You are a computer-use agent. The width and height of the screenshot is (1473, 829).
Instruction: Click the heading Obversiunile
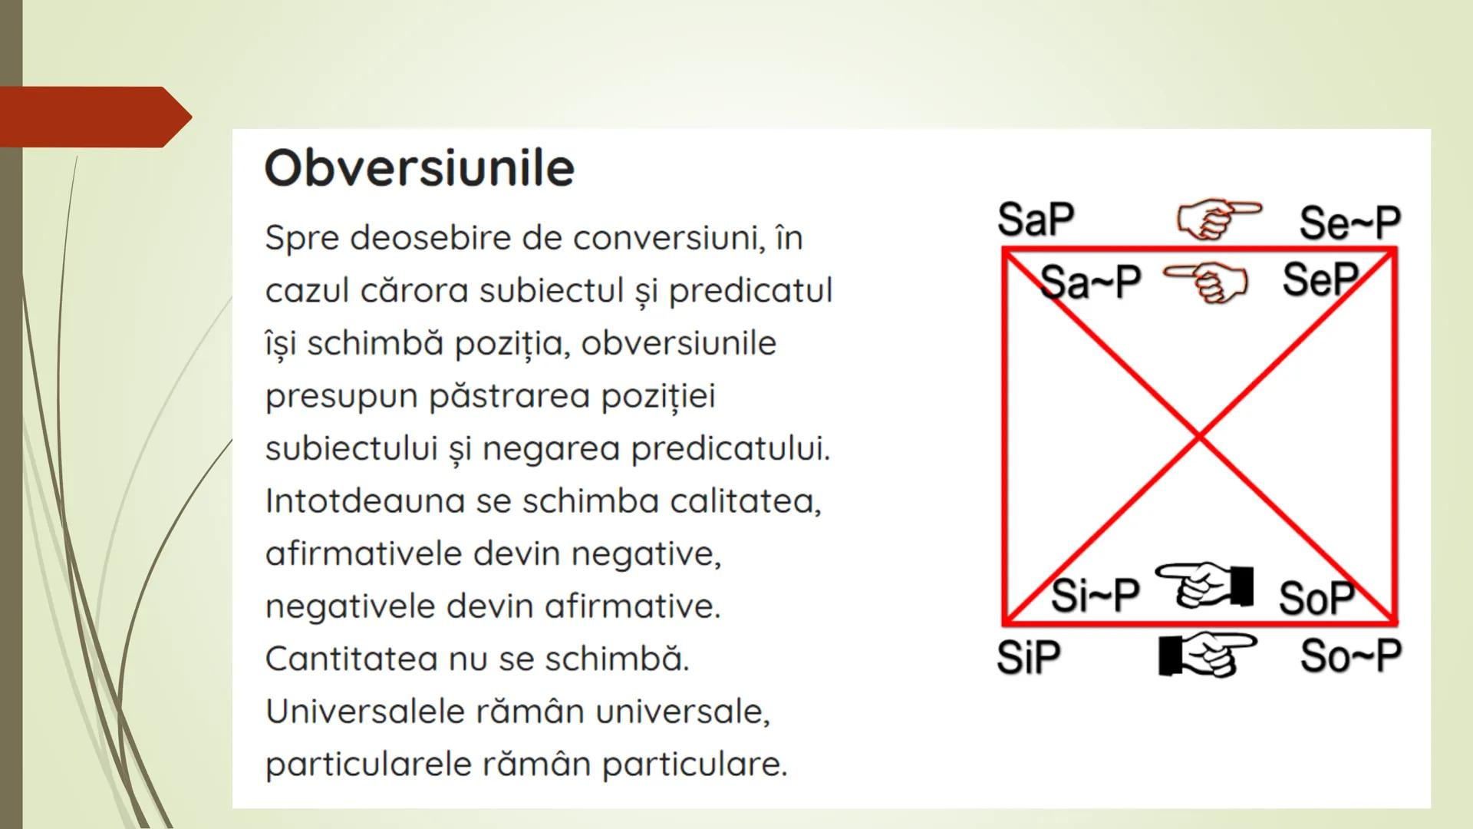click(x=419, y=168)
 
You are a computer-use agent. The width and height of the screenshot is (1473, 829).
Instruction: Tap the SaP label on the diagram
click(x=1036, y=220)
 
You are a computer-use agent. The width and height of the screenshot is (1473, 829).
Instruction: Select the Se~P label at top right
click(x=1349, y=223)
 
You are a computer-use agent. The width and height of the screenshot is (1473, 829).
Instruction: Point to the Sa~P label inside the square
click(x=1090, y=282)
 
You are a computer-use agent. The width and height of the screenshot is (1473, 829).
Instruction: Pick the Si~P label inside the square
click(x=1095, y=595)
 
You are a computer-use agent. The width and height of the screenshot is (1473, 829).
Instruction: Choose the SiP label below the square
click(x=1029, y=657)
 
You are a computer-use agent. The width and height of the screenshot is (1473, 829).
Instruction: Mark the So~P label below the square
click(x=1350, y=656)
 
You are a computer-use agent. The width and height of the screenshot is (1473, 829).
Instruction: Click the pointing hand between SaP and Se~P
click(x=1218, y=219)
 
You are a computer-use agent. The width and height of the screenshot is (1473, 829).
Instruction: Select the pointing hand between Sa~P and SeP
click(x=1207, y=282)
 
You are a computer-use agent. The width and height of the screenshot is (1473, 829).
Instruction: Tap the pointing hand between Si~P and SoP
click(x=1204, y=585)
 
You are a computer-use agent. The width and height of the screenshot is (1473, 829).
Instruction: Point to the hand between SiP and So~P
click(x=1207, y=654)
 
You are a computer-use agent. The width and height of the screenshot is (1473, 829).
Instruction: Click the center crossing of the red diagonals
click(x=1199, y=437)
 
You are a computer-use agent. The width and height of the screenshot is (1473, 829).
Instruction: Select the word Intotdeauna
click(x=364, y=501)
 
